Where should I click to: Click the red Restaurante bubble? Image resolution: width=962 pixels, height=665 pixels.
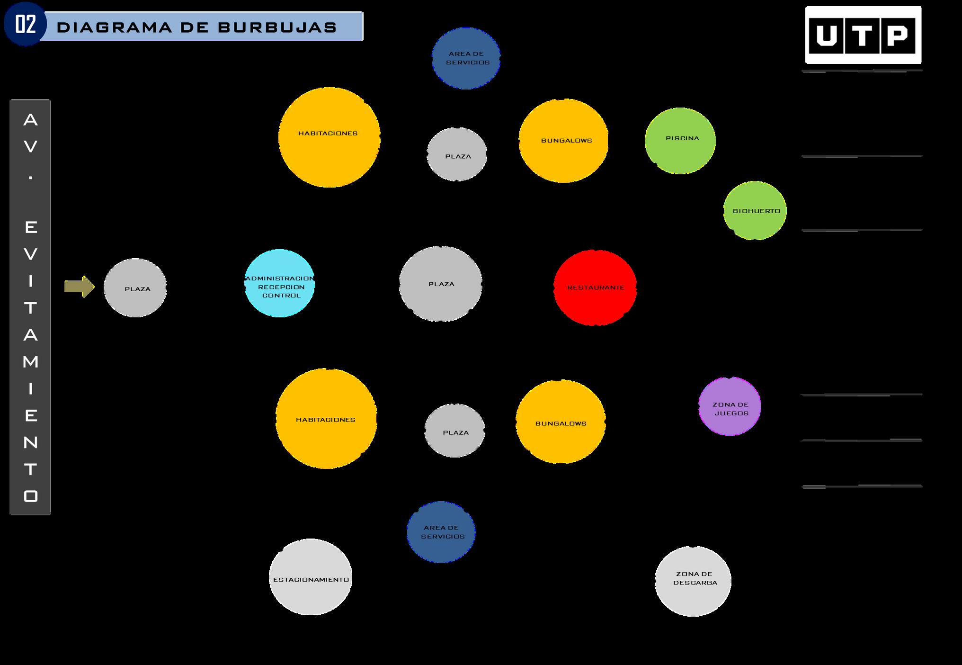(595, 288)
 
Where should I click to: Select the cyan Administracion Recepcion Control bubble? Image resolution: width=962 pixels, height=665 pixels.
(280, 283)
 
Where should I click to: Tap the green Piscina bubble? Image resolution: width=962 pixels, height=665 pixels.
(680, 141)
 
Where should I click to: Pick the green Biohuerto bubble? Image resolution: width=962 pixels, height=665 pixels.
(755, 210)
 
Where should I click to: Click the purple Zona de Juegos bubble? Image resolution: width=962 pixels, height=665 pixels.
(730, 406)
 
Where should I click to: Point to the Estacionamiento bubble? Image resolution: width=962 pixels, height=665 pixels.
(311, 577)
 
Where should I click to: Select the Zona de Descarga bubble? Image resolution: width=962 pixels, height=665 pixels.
(693, 581)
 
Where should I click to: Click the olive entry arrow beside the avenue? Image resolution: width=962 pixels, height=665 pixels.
(79, 287)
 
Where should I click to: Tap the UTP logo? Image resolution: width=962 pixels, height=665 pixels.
(863, 35)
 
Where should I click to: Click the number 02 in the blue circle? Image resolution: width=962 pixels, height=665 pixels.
(25, 24)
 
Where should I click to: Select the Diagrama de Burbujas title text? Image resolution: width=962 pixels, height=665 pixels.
(196, 27)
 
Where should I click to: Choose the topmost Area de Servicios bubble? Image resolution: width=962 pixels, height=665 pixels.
(466, 58)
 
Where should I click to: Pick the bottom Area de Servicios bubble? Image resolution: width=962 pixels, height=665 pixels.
(441, 532)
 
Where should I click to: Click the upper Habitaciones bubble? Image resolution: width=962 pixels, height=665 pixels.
(329, 137)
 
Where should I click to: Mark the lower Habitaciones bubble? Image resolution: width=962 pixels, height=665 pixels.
(326, 419)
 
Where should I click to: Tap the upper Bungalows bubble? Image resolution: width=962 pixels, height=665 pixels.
(563, 141)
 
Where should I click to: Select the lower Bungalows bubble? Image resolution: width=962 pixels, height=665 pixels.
(561, 422)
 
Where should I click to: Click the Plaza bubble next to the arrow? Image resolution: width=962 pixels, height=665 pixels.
(135, 288)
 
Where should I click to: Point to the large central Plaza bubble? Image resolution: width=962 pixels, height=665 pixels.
(441, 284)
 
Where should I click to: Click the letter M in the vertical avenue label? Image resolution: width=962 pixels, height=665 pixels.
(31, 362)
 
